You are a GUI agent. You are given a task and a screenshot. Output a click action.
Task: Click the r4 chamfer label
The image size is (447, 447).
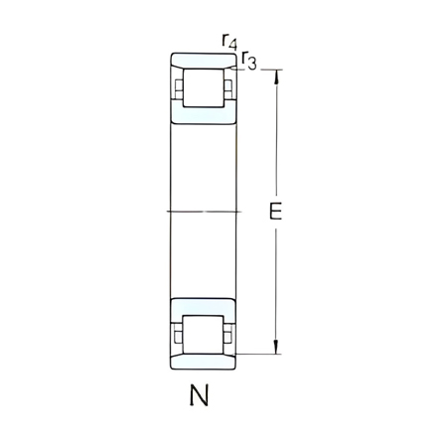point(228,42)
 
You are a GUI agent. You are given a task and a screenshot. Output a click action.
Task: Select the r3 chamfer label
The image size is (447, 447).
point(249,62)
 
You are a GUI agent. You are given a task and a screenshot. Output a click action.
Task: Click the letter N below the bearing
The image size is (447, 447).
point(200,396)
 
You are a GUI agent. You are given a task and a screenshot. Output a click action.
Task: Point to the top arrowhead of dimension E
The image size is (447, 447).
point(276,75)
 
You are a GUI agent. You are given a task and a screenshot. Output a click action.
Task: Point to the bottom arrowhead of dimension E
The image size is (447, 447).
point(276,347)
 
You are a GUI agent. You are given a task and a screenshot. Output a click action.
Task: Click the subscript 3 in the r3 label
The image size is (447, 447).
point(253,65)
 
